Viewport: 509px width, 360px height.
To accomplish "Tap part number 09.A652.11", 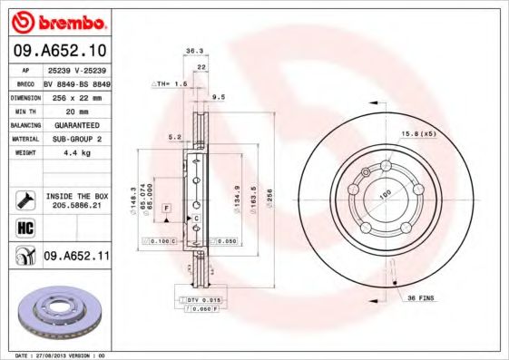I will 76,257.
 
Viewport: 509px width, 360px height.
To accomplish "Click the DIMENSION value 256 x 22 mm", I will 76,95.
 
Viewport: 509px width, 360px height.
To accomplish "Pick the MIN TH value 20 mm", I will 76,110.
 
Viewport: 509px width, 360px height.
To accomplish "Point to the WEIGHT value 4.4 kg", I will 76,152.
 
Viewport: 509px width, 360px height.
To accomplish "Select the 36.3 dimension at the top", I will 192,52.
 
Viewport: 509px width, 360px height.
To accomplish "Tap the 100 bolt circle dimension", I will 384,193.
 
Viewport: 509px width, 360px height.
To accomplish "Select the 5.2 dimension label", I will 174,138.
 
